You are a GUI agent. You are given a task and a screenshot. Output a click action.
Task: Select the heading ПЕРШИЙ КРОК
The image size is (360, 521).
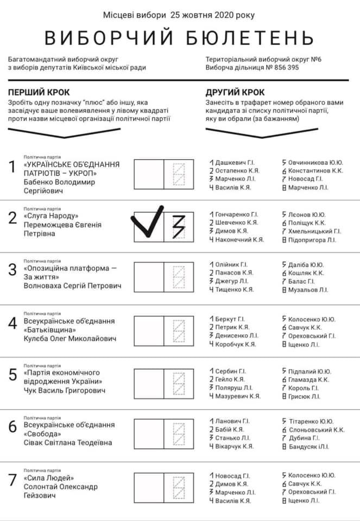point(39,92)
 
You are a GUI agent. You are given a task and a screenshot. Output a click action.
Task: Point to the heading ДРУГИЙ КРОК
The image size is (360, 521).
point(235,92)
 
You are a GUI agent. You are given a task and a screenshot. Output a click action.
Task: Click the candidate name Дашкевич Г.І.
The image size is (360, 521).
point(235,162)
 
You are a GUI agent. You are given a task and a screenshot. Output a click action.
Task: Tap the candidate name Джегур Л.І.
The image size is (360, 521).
point(232,281)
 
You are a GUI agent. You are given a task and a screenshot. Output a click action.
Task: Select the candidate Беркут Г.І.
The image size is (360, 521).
point(230,319)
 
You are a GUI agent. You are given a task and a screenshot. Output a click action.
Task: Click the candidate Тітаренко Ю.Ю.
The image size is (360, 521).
point(311,421)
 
